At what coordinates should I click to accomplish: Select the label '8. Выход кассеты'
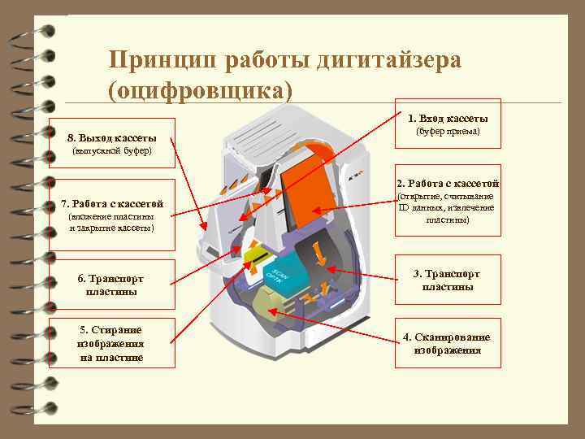pyautogui.click(x=112, y=137)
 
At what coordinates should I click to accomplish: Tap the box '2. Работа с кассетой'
pyautogui.click(x=448, y=202)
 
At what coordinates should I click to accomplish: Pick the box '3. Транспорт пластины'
pyautogui.click(x=448, y=280)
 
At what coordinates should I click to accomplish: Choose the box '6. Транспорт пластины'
pyautogui.click(x=112, y=285)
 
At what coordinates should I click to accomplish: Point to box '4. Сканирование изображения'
pyautogui.click(x=448, y=344)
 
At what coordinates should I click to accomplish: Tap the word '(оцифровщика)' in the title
pyautogui.click(x=200, y=89)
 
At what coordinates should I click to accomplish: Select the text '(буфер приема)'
pyautogui.click(x=448, y=132)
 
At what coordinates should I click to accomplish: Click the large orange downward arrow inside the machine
pyautogui.click(x=320, y=253)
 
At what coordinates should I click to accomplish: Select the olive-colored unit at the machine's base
pyautogui.click(x=268, y=306)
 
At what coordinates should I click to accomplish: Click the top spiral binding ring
pyautogui.click(x=36, y=33)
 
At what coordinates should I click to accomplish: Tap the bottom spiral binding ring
pyautogui.click(x=36, y=408)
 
